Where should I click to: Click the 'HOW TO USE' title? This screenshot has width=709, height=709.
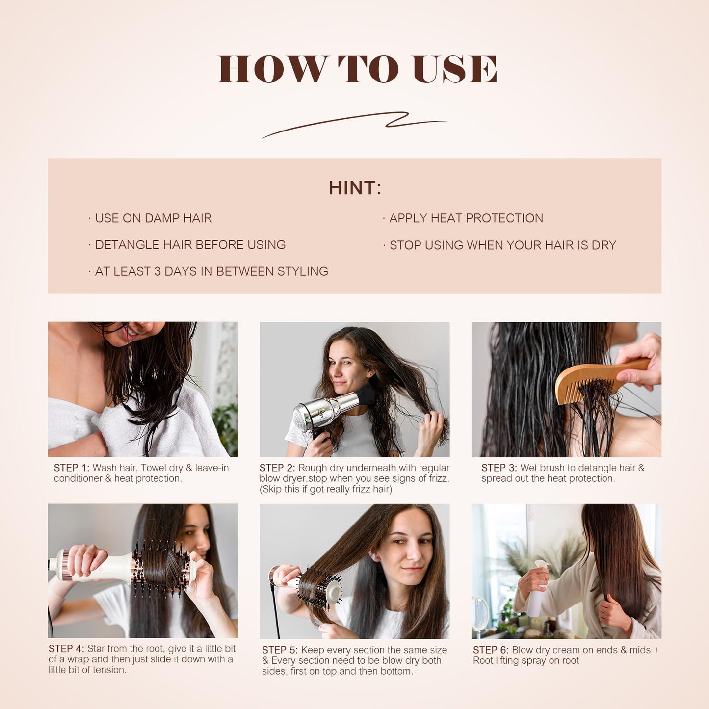click(357, 69)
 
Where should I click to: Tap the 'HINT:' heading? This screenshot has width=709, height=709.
click(355, 188)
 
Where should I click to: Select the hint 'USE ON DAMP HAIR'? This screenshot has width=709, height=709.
click(153, 218)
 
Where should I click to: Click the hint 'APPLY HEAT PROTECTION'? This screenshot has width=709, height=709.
click(466, 218)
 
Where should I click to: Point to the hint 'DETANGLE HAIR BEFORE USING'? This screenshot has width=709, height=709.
click(190, 245)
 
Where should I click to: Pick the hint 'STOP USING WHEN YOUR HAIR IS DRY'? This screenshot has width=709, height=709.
click(502, 245)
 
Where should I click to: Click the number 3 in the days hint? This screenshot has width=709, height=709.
click(158, 272)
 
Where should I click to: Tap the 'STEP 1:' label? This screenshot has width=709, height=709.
click(72, 468)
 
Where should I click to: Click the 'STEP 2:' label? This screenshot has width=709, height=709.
click(277, 468)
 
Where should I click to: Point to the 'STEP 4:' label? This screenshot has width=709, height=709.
click(66, 649)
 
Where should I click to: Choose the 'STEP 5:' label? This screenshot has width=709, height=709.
click(280, 650)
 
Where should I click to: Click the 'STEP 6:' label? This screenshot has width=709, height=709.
click(491, 650)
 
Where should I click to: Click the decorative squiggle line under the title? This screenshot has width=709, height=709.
click(354, 124)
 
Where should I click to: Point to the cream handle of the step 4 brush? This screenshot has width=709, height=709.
click(105, 569)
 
